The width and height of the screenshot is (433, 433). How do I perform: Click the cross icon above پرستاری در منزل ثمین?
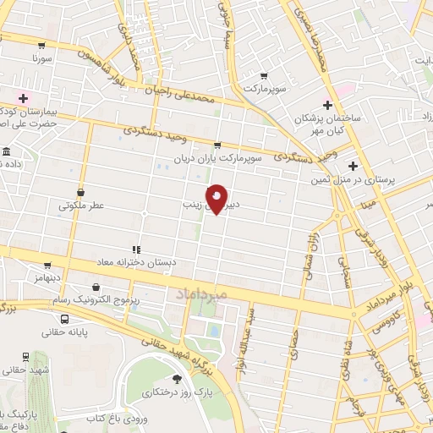click(353, 166)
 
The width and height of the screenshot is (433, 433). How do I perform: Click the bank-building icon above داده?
click(6, 151)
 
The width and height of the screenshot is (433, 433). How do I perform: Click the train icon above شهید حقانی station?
click(28, 356)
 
